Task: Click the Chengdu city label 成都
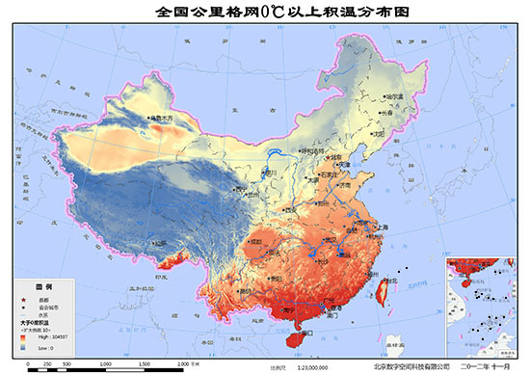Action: tap(255, 241)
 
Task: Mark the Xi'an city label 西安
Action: tap(288, 209)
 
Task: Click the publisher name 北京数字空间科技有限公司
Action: tap(411, 367)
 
